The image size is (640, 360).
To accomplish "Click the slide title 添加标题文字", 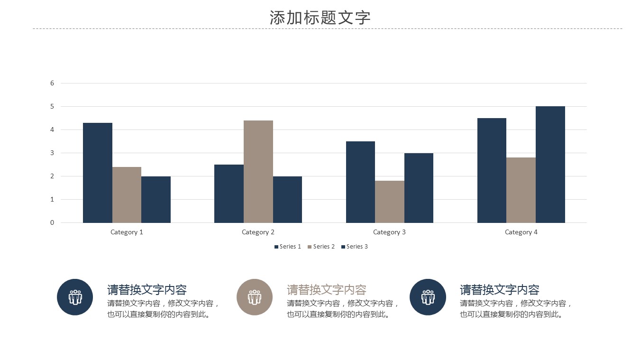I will coord(320,18).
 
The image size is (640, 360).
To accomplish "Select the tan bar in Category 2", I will coord(258,171).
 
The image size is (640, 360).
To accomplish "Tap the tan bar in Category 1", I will coord(127,194).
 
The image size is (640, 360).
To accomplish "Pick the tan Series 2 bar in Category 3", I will coord(389,202).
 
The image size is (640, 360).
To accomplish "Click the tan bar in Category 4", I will coord(521,190).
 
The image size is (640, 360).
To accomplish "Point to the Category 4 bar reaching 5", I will coord(550,164).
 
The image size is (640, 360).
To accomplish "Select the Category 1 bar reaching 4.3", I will coord(98,173).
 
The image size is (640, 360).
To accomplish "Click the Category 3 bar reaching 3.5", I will coord(360,182).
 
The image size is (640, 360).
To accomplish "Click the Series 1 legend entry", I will coord(288,247).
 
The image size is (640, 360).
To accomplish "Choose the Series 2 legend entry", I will coord(321,247).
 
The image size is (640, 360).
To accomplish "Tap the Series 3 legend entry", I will coord(355,247).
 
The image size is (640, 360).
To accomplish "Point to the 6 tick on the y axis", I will coord(52,83).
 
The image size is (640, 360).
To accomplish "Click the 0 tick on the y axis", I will coord(52,222).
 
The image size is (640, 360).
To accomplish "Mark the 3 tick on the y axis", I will coord(52,153).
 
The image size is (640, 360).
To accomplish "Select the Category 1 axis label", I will coord(127,232).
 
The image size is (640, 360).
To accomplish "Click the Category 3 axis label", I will coord(389,232).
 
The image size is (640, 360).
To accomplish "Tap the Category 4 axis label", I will coord(521,232).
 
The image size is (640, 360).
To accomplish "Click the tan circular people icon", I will coord(255,297).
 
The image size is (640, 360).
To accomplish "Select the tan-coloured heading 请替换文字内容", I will coord(327,289).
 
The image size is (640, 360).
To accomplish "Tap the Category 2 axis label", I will coord(258,232).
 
